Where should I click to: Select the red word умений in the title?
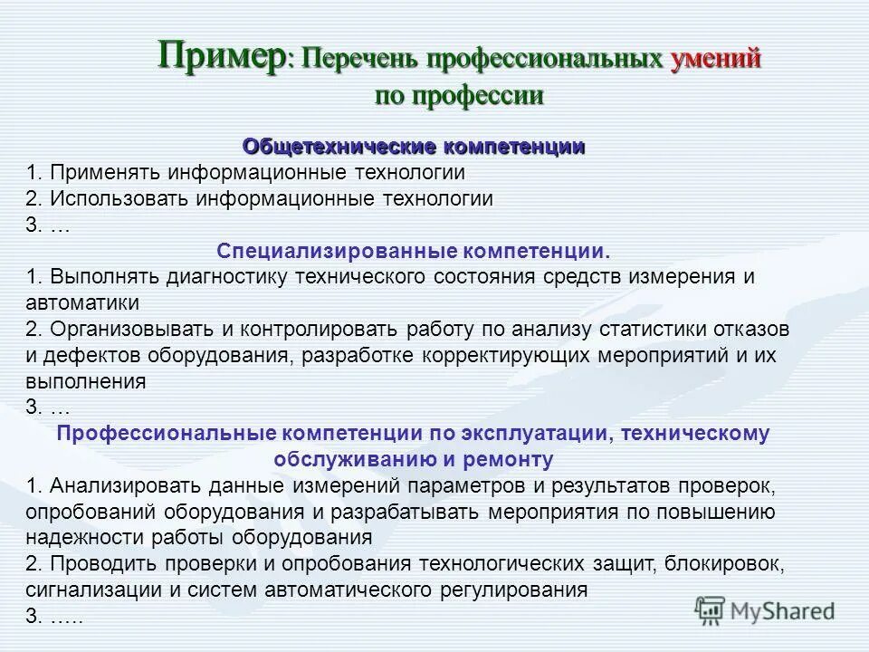click(715, 59)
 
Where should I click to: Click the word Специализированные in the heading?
click(339, 250)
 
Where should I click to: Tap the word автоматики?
click(83, 302)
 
